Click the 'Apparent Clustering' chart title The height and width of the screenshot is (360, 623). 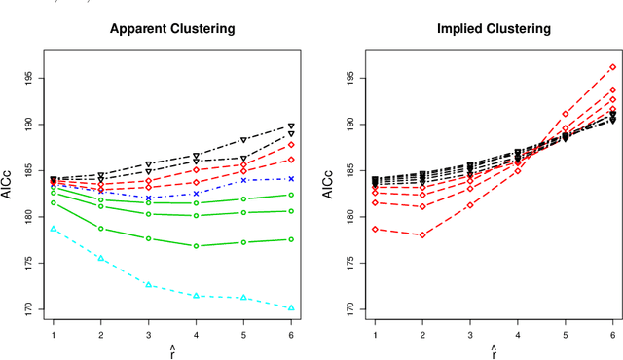[x=171, y=29]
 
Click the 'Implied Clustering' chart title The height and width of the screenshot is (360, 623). [x=493, y=29]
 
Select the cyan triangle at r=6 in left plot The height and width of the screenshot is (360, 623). [x=291, y=307]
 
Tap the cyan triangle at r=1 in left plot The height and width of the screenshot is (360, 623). [x=53, y=229]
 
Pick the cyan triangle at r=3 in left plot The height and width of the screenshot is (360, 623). [x=148, y=285]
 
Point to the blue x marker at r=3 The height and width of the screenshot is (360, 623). [x=148, y=198]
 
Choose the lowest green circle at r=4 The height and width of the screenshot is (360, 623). [x=196, y=246]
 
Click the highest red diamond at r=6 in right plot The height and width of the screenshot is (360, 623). [x=612, y=67]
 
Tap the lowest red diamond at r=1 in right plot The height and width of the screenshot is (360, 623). [x=374, y=230]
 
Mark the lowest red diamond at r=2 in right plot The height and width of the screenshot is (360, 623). [x=421, y=234]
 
